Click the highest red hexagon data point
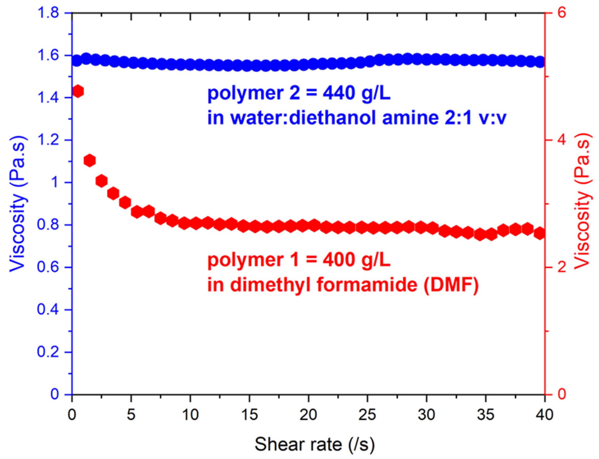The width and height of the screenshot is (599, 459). [x=78, y=91]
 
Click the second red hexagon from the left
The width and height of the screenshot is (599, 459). [x=90, y=160]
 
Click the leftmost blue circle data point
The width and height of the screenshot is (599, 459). [x=77, y=60]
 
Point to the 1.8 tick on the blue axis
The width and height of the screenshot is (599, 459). [x=48, y=13]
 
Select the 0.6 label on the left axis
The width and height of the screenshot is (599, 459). [x=48, y=267]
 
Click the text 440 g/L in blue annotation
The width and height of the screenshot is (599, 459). [x=357, y=93]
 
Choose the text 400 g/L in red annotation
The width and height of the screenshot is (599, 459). [x=357, y=260]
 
